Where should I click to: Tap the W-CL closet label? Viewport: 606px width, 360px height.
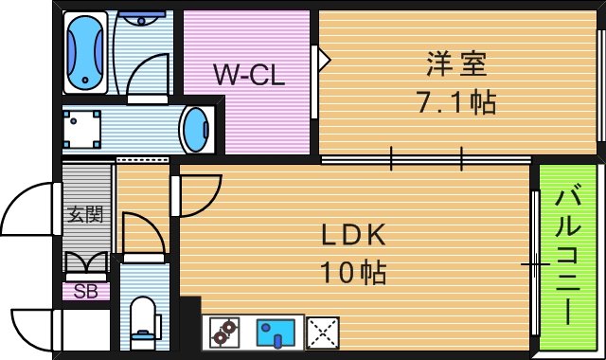click(x=248, y=74)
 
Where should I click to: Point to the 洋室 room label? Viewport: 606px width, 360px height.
click(x=455, y=65)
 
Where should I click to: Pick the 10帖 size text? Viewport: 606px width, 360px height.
click(x=351, y=273)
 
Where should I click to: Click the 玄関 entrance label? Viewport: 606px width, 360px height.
click(x=84, y=214)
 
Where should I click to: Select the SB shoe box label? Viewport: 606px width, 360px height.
click(x=85, y=291)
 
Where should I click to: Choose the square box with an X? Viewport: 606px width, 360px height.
click(x=323, y=333)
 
